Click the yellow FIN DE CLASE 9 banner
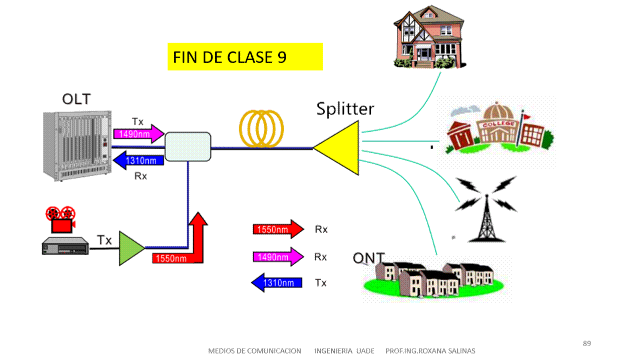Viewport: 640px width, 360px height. point(245,57)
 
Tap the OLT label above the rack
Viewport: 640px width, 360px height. point(76,99)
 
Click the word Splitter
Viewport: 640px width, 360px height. point(345,108)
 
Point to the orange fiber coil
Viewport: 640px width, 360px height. point(261,128)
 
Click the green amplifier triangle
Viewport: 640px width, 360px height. point(130,248)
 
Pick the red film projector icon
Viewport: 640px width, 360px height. point(61,219)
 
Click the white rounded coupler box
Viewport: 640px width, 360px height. point(188,146)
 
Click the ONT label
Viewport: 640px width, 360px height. point(368,258)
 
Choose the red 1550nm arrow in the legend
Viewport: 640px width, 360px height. point(278,229)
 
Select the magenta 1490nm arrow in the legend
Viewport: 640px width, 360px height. point(278,257)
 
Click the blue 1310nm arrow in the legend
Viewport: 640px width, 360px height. point(277,283)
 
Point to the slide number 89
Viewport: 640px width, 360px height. point(587,343)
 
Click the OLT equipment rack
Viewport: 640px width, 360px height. point(76,145)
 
